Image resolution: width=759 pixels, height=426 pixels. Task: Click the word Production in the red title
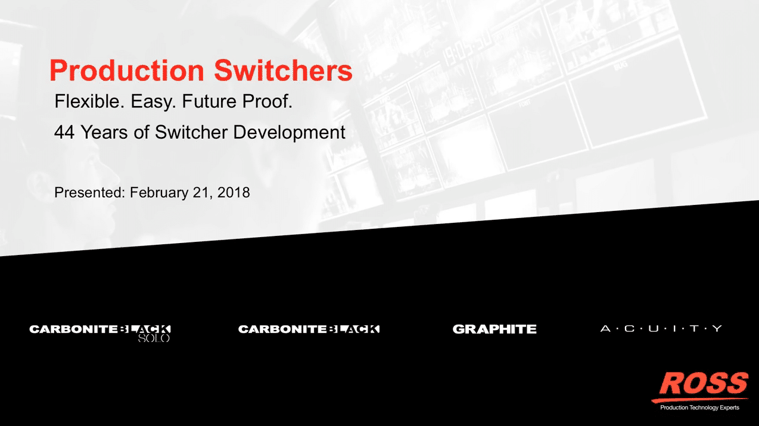127,70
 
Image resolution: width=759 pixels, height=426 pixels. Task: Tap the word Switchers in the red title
283,70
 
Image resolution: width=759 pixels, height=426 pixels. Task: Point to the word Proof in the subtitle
267,101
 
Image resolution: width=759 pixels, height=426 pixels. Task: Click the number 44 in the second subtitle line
64,132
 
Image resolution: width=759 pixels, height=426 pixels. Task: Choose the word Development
290,132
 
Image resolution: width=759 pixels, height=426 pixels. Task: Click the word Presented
90,192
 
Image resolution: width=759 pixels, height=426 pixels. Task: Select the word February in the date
159,193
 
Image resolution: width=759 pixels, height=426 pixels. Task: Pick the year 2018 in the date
234,192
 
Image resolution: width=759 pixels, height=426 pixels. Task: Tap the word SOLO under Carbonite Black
154,338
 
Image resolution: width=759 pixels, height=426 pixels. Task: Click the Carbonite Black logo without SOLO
309,329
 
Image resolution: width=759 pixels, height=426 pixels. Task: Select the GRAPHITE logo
494,329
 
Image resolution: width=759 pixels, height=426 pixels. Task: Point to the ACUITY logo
661,328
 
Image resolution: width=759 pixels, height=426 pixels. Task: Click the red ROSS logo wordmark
704,384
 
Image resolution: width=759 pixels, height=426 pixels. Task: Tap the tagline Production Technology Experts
699,408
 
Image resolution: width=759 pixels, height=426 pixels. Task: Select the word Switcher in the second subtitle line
191,132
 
